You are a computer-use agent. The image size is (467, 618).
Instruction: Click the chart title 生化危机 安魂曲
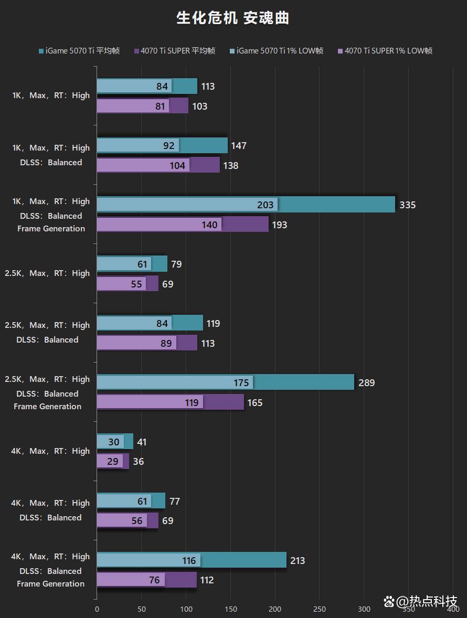(233, 18)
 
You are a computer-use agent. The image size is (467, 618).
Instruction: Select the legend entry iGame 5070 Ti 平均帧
(79, 51)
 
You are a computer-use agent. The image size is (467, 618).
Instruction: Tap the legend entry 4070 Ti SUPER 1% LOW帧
(385, 51)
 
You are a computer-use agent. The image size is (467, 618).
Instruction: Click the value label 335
(407, 205)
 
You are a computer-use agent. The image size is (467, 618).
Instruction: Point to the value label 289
(366, 383)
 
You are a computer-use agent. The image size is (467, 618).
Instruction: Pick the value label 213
(297, 561)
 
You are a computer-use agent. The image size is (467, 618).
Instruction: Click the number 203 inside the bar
(266, 205)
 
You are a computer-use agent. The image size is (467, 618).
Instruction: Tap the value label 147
(238, 146)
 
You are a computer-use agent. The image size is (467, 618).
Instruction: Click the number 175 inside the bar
(241, 383)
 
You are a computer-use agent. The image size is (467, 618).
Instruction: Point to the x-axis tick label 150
(230, 609)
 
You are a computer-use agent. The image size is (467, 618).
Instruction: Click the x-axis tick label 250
(320, 609)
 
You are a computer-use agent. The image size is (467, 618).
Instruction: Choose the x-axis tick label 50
(142, 609)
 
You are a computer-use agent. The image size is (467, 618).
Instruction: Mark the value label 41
(142, 442)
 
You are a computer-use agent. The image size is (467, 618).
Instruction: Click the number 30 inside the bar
(114, 442)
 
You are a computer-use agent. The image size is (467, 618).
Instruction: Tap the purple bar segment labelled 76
(131, 580)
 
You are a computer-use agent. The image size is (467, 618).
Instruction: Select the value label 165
(254, 403)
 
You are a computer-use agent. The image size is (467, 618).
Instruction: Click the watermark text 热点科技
(426, 601)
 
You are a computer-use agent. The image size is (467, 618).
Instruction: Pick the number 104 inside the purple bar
(177, 166)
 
